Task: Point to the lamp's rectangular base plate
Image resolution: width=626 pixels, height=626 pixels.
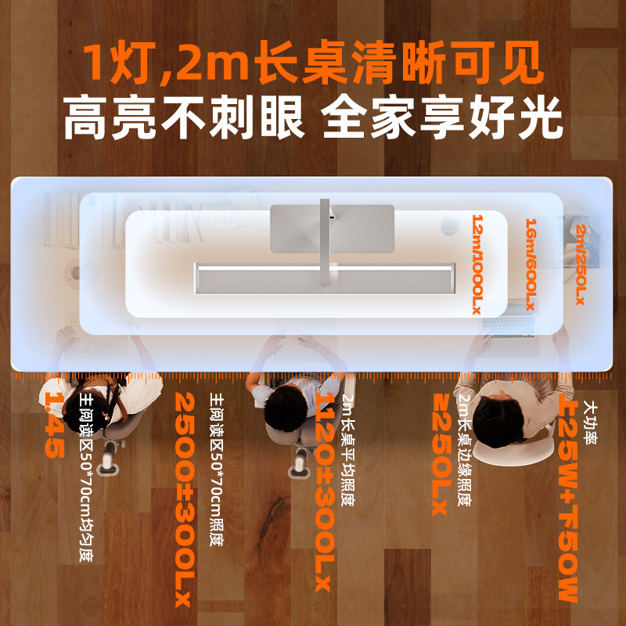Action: click(331, 228)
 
